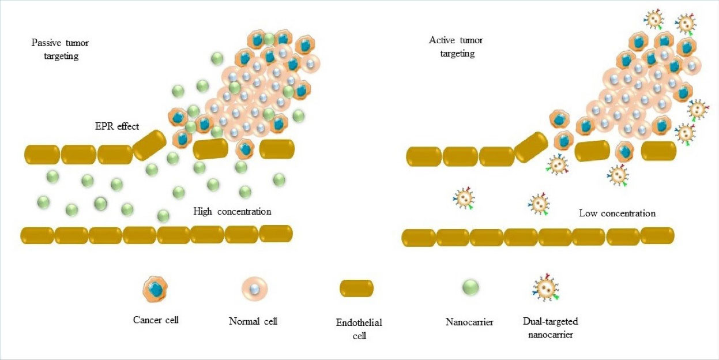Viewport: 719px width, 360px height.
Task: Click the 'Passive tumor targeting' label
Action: [x=61, y=50]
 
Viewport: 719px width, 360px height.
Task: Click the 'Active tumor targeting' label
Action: [x=456, y=47]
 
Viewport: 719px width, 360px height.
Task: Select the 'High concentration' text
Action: [x=232, y=212]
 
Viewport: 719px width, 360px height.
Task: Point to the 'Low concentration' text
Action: [x=617, y=213]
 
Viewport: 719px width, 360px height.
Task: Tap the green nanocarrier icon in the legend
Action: [x=470, y=287]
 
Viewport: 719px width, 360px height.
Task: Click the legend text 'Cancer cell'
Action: [x=155, y=320]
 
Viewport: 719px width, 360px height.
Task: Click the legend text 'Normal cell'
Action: [x=253, y=321]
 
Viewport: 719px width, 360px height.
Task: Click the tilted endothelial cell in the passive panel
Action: [x=150, y=145]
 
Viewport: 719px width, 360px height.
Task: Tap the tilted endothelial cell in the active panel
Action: [x=531, y=147]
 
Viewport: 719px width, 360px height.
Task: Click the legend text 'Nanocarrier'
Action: [x=469, y=322]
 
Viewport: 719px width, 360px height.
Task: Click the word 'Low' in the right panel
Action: [x=588, y=213]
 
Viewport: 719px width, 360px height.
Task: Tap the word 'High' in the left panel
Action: [x=204, y=212]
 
